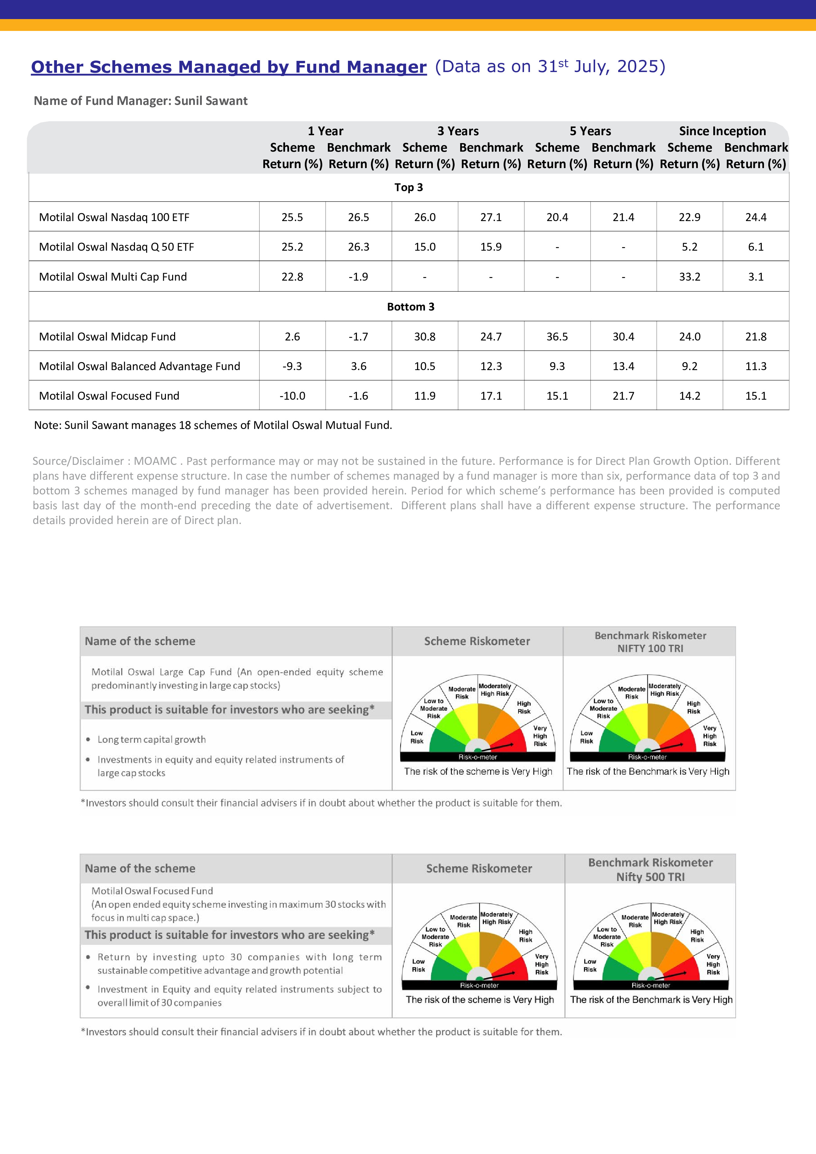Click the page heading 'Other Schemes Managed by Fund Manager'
click(x=229, y=67)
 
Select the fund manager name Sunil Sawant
click(x=211, y=101)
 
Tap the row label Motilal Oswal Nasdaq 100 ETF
click(x=114, y=217)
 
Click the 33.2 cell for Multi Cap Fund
click(x=689, y=276)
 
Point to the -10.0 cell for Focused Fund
click(x=292, y=395)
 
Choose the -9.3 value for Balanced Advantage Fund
click(x=292, y=366)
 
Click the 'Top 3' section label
click(x=408, y=188)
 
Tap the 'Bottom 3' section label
click(x=410, y=307)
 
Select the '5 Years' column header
click(x=590, y=131)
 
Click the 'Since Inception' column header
click(x=722, y=131)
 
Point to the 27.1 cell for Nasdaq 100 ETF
click(x=491, y=217)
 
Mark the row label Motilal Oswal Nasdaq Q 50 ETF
click(x=116, y=247)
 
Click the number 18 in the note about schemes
click(x=185, y=425)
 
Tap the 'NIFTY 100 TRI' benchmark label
click(x=650, y=648)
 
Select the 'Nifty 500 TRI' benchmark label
click(x=650, y=877)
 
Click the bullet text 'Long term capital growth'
click(x=151, y=740)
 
